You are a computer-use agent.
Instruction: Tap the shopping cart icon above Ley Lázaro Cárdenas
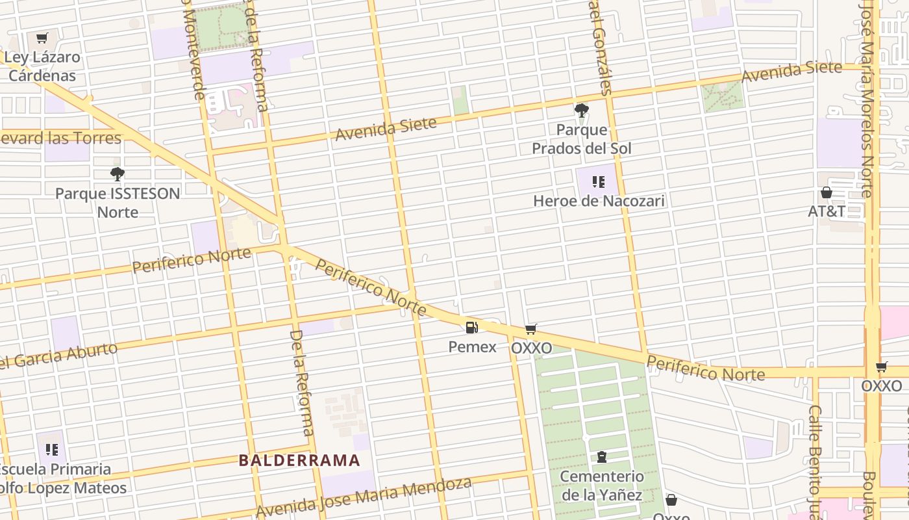point(42,38)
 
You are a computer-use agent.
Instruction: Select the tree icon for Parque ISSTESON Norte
point(118,174)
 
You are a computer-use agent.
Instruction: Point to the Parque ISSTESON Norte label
point(118,203)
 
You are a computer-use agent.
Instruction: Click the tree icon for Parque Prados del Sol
point(582,110)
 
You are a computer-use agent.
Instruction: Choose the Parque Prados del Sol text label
point(582,139)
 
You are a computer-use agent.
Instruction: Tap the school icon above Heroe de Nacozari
point(599,182)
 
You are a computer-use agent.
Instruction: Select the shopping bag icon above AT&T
point(827,192)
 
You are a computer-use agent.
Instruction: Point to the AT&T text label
point(827,211)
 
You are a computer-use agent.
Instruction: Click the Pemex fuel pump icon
point(472,328)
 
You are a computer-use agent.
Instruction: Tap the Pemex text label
point(472,347)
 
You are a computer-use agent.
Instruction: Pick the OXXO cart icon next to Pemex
point(531,330)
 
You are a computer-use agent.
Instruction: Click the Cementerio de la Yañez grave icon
point(602,457)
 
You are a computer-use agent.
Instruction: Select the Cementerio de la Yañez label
point(602,486)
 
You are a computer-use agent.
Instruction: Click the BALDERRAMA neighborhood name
point(299,461)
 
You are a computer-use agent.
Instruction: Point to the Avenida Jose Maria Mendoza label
point(364,497)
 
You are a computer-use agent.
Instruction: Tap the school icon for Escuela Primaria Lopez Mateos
point(52,449)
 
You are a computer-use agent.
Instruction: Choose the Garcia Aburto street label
point(58,356)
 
